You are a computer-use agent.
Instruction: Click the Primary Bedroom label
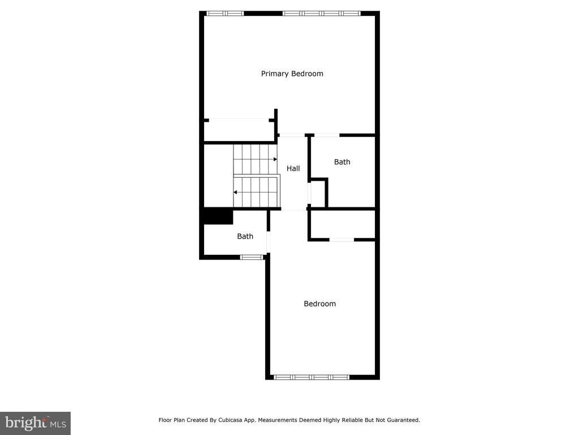pyautogui.click(x=292, y=74)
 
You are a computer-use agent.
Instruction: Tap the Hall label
pyautogui.click(x=293, y=168)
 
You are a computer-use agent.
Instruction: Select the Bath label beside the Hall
pyautogui.click(x=342, y=161)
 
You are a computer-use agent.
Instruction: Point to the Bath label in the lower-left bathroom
pyautogui.click(x=245, y=236)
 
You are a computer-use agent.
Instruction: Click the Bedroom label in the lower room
pyautogui.click(x=320, y=304)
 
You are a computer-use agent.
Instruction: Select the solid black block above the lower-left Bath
pyautogui.click(x=218, y=216)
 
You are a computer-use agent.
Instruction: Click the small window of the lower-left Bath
pyautogui.click(x=252, y=257)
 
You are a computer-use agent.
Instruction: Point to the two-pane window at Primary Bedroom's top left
pyautogui.click(x=225, y=14)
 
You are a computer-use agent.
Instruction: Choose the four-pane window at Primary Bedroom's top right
pyautogui.click(x=321, y=14)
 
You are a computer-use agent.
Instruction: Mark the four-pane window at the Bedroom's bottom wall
pyautogui.click(x=312, y=377)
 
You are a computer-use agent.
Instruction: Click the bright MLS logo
pyautogui.click(x=36, y=423)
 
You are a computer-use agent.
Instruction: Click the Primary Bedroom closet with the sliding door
pyautogui.click(x=239, y=131)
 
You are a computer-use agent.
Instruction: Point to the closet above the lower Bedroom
pyautogui.click(x=343, y=224)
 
